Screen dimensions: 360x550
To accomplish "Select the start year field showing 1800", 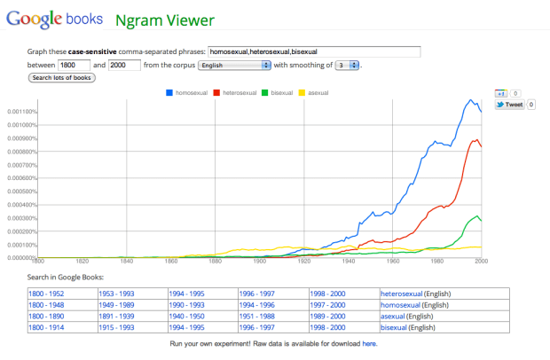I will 73,66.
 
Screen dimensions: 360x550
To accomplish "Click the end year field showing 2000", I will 124,66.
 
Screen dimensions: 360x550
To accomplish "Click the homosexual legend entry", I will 190,92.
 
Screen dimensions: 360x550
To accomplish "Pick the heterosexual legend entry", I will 239,92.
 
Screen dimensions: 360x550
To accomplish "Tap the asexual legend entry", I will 319,92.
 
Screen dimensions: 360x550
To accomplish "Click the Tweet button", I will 510,105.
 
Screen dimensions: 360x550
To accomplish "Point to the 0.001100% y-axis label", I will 19,112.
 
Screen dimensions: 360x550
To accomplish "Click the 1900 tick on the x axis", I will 259,262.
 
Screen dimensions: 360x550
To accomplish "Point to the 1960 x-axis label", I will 392,262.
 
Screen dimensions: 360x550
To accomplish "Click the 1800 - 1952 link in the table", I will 47,293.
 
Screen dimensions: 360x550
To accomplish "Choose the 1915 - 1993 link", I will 117,327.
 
